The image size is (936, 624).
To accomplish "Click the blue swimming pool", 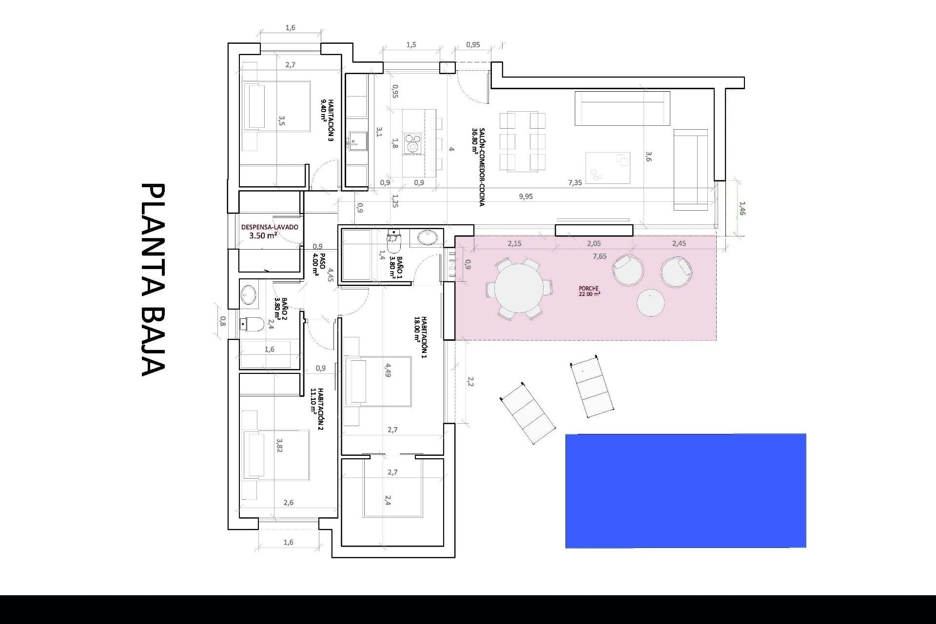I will click(x=685, y=490).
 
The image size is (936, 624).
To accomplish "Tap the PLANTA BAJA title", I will click(x=154, y=280).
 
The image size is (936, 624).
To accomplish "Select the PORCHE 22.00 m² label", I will click(x=589, y=292).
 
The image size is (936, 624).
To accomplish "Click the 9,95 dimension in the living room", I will click(x=526, y=196).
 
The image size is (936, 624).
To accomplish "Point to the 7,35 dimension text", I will click(x=575, y=183).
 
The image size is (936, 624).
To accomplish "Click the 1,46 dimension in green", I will click(x=742, y=209).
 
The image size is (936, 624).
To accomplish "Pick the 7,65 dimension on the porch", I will click(x=600, y=256).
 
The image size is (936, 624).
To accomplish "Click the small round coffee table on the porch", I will click(x=651, y=303).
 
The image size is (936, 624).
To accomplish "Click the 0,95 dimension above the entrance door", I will click(x=473, y=45).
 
